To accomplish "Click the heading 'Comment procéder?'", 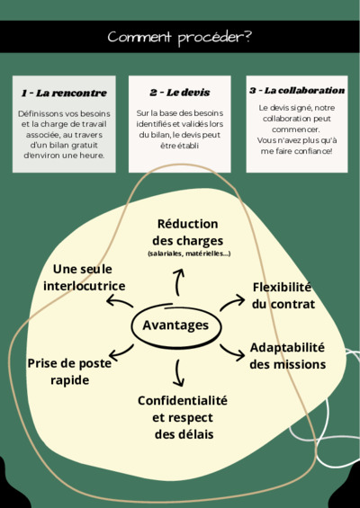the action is coord(179,38).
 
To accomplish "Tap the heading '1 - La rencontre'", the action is coord(64,93).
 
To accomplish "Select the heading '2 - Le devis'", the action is coord(180,93).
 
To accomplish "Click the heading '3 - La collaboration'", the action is coord(297,91).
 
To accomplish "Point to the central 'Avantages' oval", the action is coord(176,325).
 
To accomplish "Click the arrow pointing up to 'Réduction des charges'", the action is coord(177,281).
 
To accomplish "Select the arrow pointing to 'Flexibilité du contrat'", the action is coord(232,303).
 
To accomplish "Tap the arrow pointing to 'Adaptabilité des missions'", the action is coord(232,352).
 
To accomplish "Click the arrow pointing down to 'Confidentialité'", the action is coord(178,373).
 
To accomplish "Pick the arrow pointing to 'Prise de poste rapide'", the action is coord(121,352).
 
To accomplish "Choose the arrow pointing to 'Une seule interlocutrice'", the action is coord(120,301).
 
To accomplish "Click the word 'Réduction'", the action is coord(187,224).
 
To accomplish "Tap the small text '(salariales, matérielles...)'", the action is coord(189,254).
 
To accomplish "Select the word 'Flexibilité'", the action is coord(282,287).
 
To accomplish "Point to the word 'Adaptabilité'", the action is coord(287,348).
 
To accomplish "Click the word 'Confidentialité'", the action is coord(183,400).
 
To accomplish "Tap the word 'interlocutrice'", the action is coord(85,286).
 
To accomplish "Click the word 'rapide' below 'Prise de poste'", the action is coord(69,380).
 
